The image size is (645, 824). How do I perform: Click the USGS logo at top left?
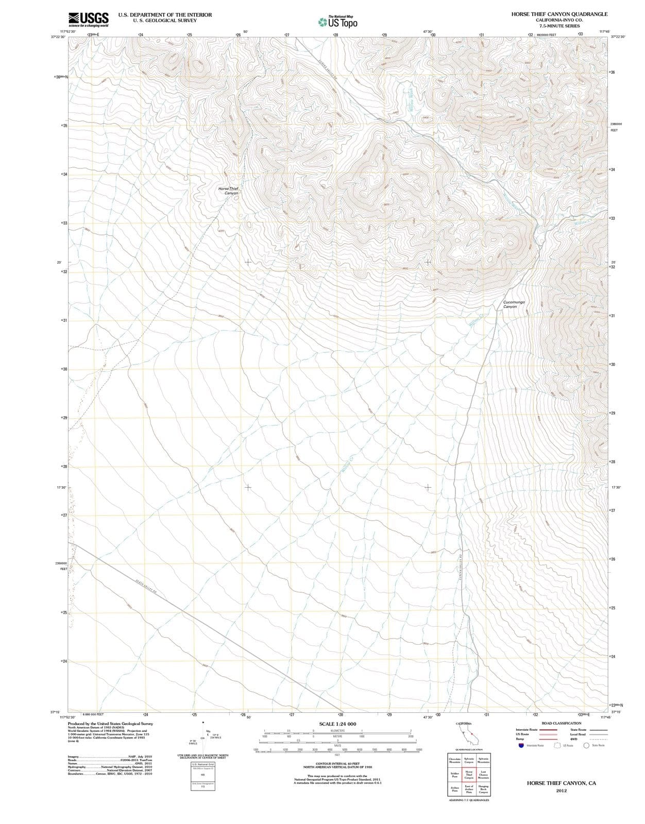tap(89, 19)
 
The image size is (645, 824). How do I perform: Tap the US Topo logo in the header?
tap(337, 22)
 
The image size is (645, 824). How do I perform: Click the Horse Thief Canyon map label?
tap(228, 191)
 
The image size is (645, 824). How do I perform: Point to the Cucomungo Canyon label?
tap(514, 304)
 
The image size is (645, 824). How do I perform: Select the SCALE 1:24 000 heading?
tap(337, 724)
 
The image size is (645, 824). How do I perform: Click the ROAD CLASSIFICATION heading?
tap(561, 723)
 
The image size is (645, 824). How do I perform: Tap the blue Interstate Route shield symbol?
tap(521, 745)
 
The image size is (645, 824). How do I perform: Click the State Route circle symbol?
tap(586, 745)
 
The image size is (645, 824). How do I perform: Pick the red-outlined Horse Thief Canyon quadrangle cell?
tap(469, 775)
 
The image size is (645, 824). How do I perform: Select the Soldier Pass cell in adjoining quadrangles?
tap(455, 775)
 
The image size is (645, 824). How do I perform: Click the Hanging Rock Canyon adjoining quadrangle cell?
tap(483, 789)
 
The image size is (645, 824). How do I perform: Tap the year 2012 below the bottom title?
tap(561, 791)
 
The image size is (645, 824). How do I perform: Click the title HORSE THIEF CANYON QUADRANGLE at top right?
tap(559, 14)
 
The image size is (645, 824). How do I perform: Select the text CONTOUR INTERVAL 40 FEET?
tap(337, 764)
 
